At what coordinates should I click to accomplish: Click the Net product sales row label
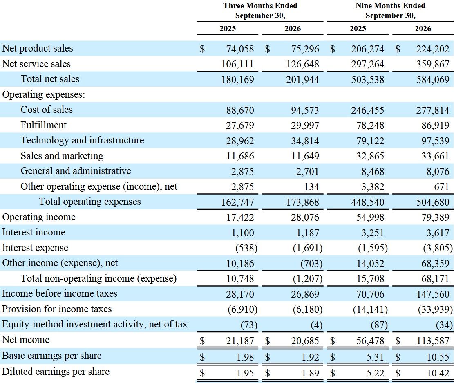(37, 48)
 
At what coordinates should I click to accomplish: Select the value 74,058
(240, 49)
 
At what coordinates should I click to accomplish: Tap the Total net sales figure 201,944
(302, 80)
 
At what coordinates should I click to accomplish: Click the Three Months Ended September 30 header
(260, 11)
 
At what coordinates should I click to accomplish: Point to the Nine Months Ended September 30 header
(390, 11)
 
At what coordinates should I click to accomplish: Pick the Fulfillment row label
(43, 125)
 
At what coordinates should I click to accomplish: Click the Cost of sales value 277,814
(433, 110)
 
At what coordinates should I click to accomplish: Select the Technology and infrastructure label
(82, 141)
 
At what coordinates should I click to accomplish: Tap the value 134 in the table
(311, 187)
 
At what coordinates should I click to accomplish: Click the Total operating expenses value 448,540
(368, 202)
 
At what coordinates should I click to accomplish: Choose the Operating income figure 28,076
(305, 217)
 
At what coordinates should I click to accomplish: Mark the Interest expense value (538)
(246, 248)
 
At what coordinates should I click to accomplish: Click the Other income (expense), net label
(60, 263)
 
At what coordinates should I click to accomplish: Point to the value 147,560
(433, 294)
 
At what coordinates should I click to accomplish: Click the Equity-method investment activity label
(95, 325)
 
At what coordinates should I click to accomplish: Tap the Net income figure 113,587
(433, 341)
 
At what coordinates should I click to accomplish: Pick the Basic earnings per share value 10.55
(438, 357)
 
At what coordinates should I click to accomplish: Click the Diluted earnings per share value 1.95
(245, 373)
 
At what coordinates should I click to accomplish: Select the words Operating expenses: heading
(44, 95)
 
